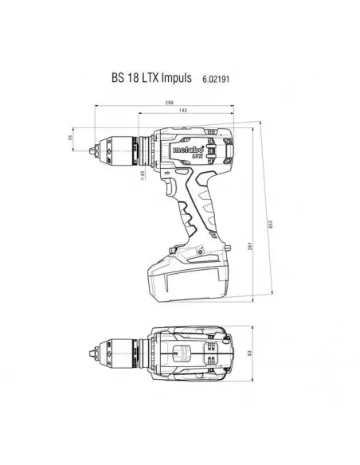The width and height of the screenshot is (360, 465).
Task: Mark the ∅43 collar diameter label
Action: [143, 176]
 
